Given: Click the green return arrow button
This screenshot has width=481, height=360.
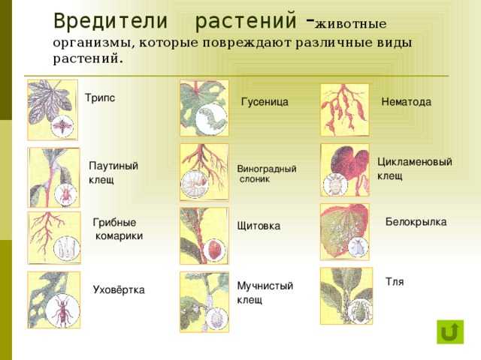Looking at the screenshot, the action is (450, 332).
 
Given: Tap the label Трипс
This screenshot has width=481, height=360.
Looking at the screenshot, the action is (100, 98).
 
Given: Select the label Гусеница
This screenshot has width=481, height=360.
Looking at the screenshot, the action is (265, 102).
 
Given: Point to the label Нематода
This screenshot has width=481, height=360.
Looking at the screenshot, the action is (406, 102).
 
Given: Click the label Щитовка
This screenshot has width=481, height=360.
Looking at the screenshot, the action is (259, 226).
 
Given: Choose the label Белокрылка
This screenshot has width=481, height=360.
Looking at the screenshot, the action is (416, 222).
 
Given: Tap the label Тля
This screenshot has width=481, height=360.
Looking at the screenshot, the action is (394, 282).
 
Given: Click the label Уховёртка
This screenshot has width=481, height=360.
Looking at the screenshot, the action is (119, 289).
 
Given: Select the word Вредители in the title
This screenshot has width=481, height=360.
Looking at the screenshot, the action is (110, 21).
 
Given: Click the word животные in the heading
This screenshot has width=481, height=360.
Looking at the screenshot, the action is (350, 24).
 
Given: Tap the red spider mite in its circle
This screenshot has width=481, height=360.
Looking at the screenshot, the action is (65, 194).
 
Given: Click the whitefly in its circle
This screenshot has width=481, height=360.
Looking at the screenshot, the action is (358, 246).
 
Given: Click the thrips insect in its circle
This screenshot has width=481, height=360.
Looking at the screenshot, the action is (62, 126).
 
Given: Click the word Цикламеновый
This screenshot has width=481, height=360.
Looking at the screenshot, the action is (414, 162).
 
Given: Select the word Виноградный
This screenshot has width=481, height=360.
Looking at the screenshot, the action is (267, 169).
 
